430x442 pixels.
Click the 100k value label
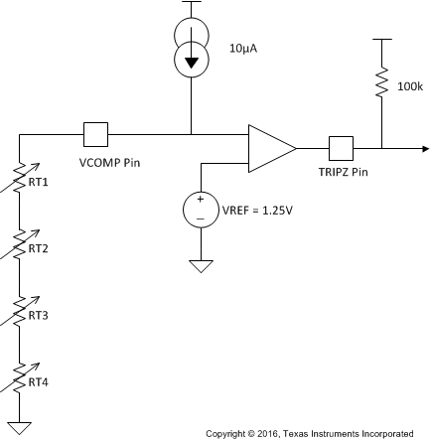click(x=409, y=87)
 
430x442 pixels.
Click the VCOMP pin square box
click(x=95, y=134)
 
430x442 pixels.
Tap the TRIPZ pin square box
click(x=342, y=148)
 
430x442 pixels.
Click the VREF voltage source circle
click(x=201, y=208)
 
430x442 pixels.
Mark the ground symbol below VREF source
click(x=201, y=265)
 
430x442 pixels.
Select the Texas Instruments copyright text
click(x=309, y=433)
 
